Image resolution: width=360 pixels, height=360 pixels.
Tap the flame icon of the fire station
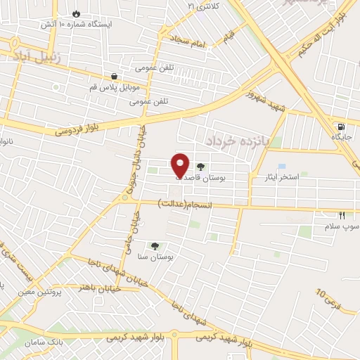76,13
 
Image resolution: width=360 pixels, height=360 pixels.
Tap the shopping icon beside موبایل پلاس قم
114,75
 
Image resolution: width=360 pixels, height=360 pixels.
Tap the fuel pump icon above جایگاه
341,127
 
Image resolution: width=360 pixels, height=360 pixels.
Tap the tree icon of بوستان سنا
155,245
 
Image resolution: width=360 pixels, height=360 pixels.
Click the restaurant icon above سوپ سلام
342,216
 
